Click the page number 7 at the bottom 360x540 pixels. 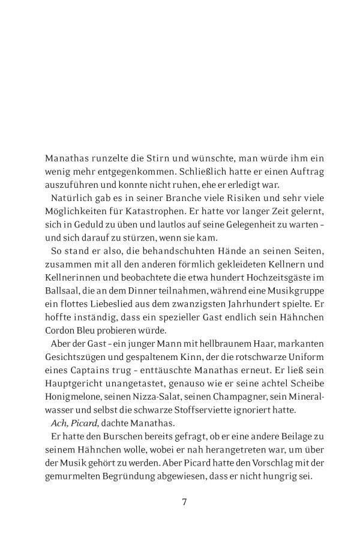click(x=185, y=502)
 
